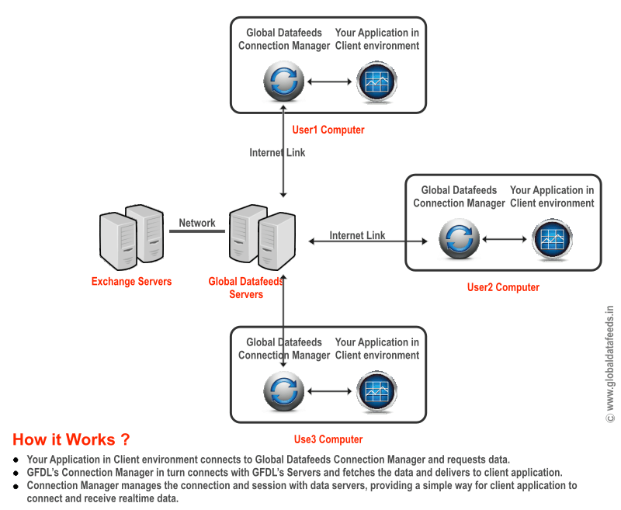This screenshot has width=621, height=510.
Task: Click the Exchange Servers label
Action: pos(131,281)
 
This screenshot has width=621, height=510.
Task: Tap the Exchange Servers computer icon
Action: pos(132,235)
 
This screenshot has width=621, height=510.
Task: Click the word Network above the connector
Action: pos(197,223)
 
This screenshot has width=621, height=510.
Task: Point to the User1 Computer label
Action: pos(328,130)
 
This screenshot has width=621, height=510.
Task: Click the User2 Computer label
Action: pos(503,287)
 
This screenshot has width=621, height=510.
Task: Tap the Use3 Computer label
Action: pos(328,439)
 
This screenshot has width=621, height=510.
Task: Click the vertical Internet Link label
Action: pos(277,153)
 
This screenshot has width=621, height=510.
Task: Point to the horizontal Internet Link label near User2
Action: pos(357,235)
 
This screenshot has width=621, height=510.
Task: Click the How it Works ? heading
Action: pos(71,439)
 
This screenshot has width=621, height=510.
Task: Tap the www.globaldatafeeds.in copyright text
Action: pos(610,363)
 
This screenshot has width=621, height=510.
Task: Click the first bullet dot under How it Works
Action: pos(16,460)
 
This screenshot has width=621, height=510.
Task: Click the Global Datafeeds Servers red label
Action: pos(246,288)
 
